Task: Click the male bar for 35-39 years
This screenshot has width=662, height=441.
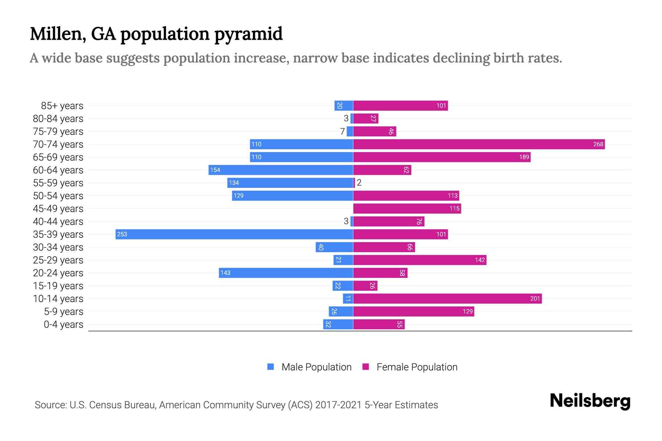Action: [234, 234]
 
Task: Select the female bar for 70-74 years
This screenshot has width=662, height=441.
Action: [479, 144]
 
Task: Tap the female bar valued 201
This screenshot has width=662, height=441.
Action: [447, 298]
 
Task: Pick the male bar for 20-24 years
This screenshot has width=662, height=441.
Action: [286, 273]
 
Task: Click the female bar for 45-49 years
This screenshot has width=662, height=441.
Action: [407, 208]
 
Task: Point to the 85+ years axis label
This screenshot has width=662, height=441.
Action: [62, 106]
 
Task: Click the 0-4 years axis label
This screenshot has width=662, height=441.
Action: [63, 325]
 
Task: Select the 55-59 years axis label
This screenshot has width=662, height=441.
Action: [58, 183]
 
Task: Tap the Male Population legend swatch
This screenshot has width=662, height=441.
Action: [271, 367]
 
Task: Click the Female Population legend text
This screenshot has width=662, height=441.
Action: [417, 367]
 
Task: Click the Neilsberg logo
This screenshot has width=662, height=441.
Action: [590, 401]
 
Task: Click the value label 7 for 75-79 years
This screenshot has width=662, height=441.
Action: [342, 131]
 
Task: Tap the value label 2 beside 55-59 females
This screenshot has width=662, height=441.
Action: [359, 183]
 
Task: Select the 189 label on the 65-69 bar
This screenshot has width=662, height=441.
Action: [524, 157]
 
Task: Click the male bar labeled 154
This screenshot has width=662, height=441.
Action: [281, 170]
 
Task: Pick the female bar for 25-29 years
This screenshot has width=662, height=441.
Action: [420, 260]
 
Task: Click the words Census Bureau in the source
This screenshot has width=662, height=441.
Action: [123, 405]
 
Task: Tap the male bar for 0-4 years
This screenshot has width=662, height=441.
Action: [338, 324]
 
